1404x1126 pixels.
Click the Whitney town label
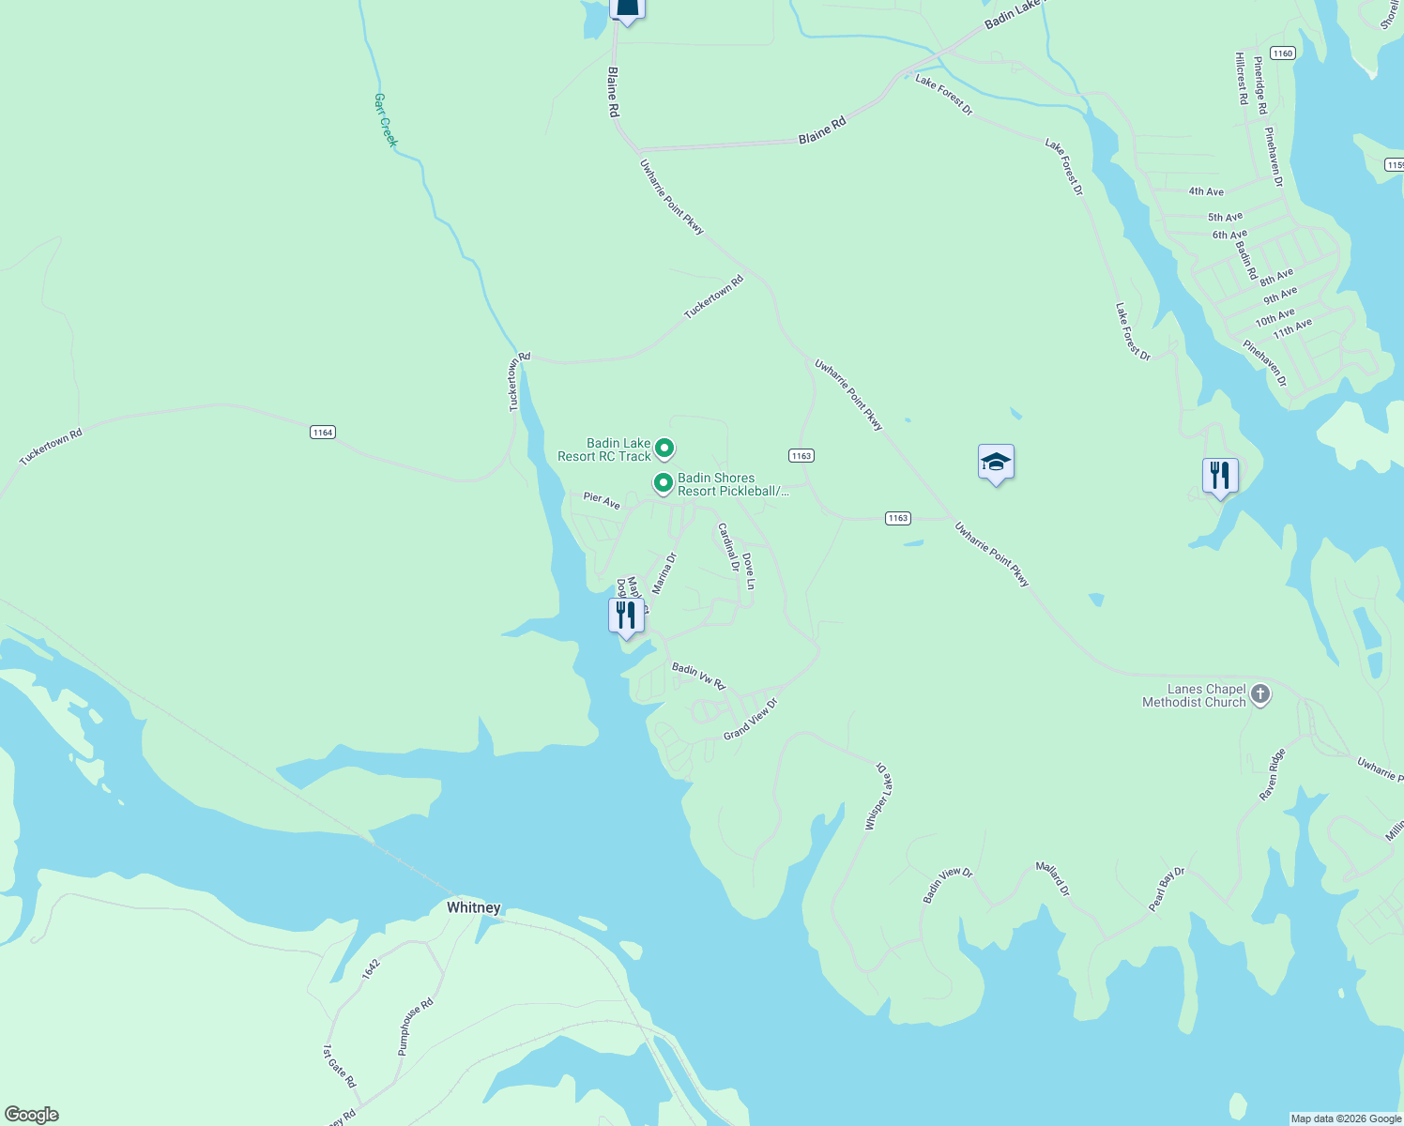473,907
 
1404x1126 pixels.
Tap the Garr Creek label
386,119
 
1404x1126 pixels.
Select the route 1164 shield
322,433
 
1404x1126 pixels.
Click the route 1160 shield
1282,53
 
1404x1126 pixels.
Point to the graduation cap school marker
996,463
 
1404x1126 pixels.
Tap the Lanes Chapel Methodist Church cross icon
1260,694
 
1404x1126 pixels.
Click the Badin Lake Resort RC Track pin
664,449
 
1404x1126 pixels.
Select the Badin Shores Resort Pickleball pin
664,483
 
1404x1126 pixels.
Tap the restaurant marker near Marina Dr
626,616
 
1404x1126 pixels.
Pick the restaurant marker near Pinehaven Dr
1220,476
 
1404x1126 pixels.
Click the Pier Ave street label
602,501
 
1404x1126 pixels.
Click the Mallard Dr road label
1052,878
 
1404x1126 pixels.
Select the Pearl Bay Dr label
1167,889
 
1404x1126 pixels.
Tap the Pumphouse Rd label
416,1027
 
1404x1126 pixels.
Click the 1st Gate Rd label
340,1066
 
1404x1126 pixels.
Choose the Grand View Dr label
751,719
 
